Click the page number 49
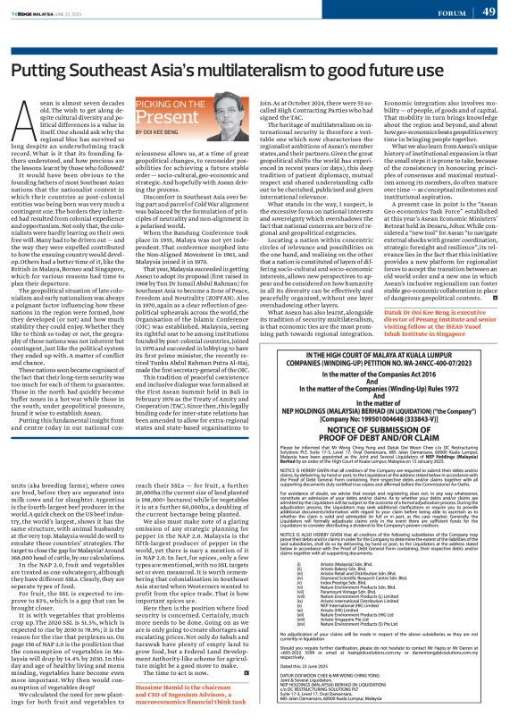click(x=496, y=12)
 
